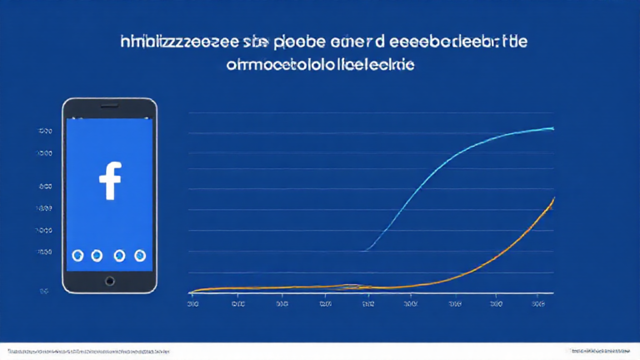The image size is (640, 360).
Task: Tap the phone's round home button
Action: pos(109,281)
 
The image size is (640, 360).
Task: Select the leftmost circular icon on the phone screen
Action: pos(77,255)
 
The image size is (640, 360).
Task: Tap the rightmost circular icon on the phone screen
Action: pos(139,255)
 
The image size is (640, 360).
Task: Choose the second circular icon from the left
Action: pos(98,255)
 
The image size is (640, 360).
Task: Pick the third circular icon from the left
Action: pos(119,255)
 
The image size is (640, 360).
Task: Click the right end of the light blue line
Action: pos(553,127)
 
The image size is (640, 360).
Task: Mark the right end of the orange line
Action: pos(554,198)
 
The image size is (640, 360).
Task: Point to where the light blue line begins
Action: pos(366,250)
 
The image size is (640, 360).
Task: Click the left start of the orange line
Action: pos(191,292)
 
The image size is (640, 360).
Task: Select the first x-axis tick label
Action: pos(193,305)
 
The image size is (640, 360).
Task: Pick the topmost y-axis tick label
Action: pos(45,132)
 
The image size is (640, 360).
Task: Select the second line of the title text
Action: pos(320,63)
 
